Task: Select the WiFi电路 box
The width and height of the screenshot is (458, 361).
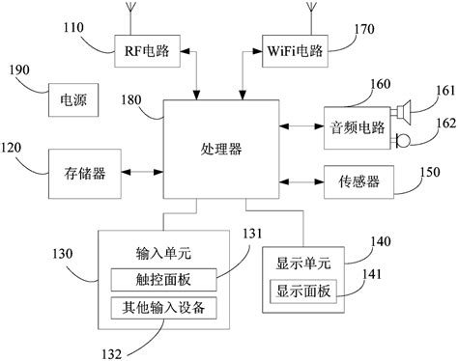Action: coord(289,51)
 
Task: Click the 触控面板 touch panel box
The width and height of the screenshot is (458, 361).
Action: coord(162,280)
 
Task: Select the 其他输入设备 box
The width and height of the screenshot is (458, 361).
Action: coord(162,307)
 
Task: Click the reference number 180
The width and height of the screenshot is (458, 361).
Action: coord(137,99)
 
